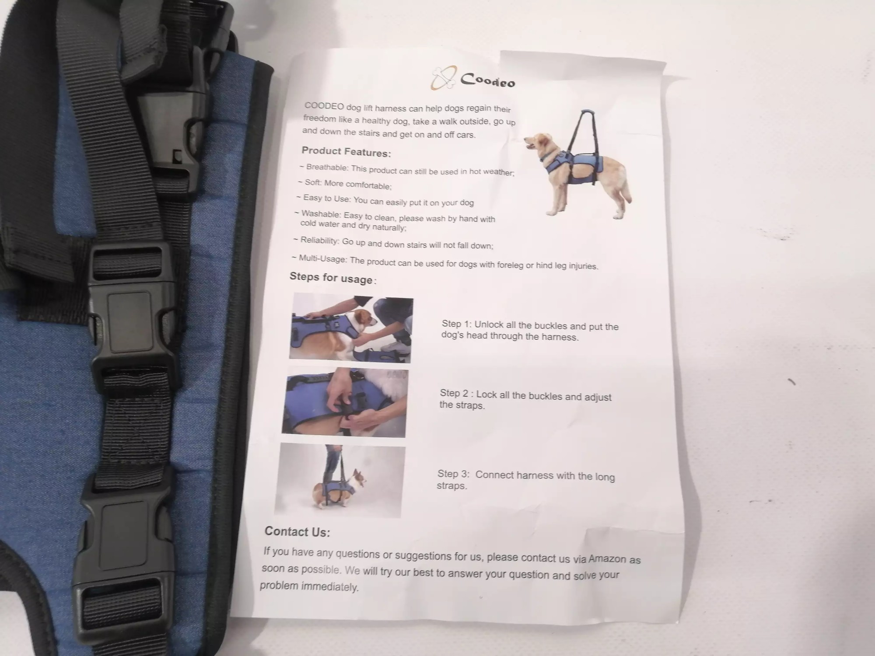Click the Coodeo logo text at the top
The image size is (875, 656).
[488, 80]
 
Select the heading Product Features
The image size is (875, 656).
[346, 152]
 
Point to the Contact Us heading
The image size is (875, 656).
[297, 531]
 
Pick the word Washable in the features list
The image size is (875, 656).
[321, 214]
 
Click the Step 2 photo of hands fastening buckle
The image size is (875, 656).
[345, 403]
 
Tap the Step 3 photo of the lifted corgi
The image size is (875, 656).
[339, 480]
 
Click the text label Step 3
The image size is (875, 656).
[453, 474]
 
